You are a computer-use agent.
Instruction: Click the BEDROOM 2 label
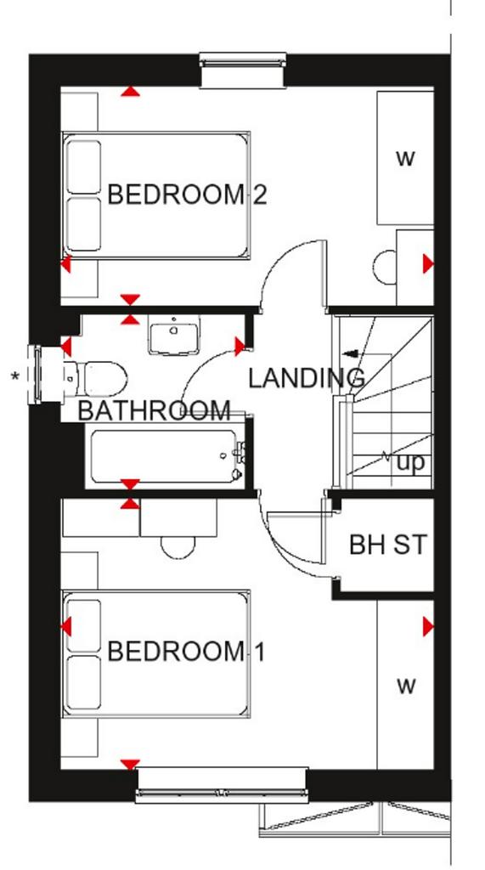[x=187, y=195]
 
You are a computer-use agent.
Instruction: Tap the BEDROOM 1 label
[x=186, y=652]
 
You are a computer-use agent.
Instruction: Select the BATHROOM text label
[x=154, y=410]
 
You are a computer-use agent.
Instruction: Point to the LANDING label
[x=307, y=378]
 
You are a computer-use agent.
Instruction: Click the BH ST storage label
[x=388, y=545]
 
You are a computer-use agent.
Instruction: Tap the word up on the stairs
[x=410, y=461]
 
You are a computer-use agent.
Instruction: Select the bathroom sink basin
[x=173, y=335]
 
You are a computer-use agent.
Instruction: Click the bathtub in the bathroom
[x=165, y=455]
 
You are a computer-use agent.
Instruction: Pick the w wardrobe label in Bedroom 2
[x=406, y=158]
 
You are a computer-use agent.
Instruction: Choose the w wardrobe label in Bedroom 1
[x=406, y=686]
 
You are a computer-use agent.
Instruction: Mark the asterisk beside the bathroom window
[x=15, y=376]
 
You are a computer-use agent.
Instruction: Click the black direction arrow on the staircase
[x=352, y=353]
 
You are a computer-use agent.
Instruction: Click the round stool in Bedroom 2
[x=385, y=268]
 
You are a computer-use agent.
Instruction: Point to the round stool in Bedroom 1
[x=178, y=547]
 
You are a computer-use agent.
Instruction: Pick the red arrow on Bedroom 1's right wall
[x=428, y=627]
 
